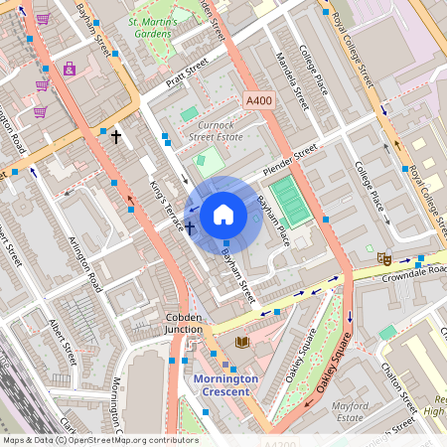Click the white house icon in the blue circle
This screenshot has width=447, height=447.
[x=223, y=214]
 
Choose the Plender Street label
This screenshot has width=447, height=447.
[x=290, y=160]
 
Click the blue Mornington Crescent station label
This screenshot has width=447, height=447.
[x=225, y=384]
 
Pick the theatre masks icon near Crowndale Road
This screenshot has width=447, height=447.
[x=383, y=258]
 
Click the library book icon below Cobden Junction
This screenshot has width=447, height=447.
[x=241, y=343]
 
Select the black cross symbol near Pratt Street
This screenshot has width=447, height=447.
[x=116, y=136]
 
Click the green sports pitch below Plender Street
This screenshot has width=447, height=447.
[x=290, y=201]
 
